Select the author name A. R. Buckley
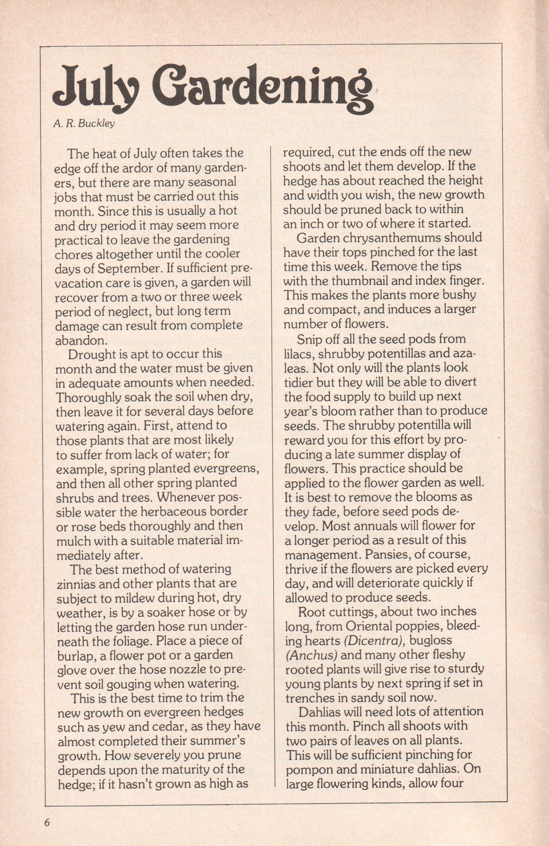84,125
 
